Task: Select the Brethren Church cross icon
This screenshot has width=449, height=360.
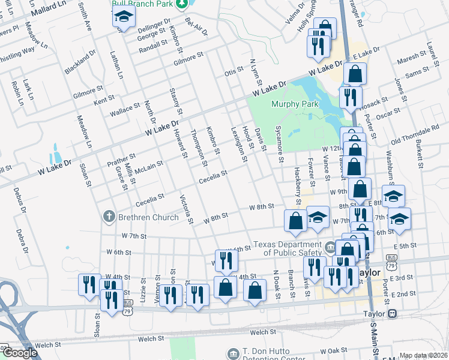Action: pos(109,217)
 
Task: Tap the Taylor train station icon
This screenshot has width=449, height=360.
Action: pos(392,313)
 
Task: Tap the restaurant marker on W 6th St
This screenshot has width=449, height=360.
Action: pos(226,260)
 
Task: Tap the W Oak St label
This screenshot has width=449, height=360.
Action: pos(330,350)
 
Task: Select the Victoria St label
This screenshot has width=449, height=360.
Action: pos(187,208)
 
